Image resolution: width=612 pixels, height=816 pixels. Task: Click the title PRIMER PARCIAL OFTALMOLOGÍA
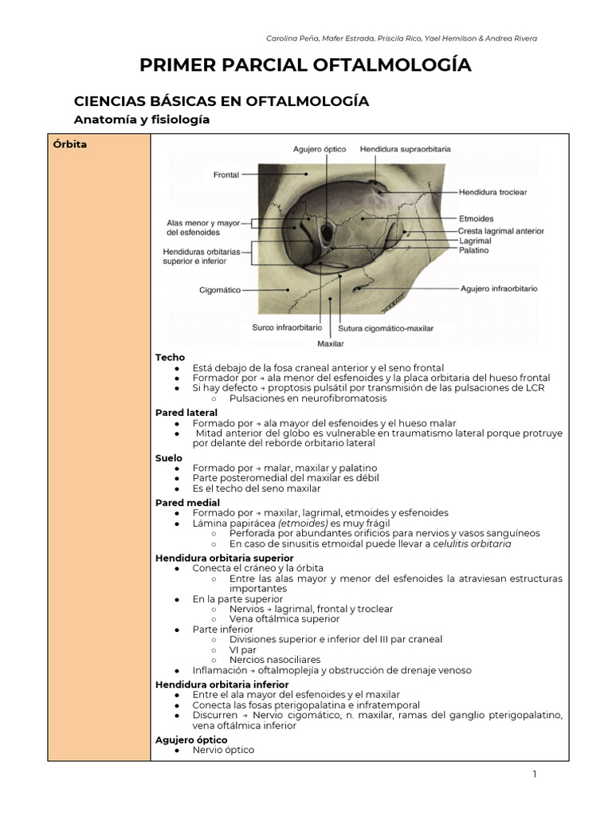point(305,65)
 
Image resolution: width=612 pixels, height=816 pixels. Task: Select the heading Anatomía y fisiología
point(141,120)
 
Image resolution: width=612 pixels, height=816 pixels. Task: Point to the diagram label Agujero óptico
point(320,149)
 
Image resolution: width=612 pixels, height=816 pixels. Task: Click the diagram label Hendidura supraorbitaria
point(406,149)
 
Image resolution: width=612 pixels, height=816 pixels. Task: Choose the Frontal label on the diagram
point(226,175)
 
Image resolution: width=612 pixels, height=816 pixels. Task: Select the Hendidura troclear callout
point(492,192)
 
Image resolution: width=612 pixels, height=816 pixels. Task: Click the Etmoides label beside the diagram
point(476,218)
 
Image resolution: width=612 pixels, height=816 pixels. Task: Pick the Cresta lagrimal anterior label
point(501,230)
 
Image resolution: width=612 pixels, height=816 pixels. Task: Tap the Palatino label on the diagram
point(474,249)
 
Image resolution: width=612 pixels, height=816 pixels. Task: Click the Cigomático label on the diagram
point(220,291)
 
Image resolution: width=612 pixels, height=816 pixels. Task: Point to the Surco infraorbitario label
point(287,328)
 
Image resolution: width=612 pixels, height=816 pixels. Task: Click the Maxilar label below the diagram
point(331,343)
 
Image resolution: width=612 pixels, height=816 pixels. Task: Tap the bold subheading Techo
point(170,358)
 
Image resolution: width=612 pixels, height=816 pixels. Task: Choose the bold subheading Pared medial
point(187,503)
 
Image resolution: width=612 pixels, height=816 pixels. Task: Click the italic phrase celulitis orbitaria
point(472,543)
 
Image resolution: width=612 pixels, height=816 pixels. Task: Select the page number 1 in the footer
point(535,775)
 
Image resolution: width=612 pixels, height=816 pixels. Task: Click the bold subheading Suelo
point(169,458)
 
